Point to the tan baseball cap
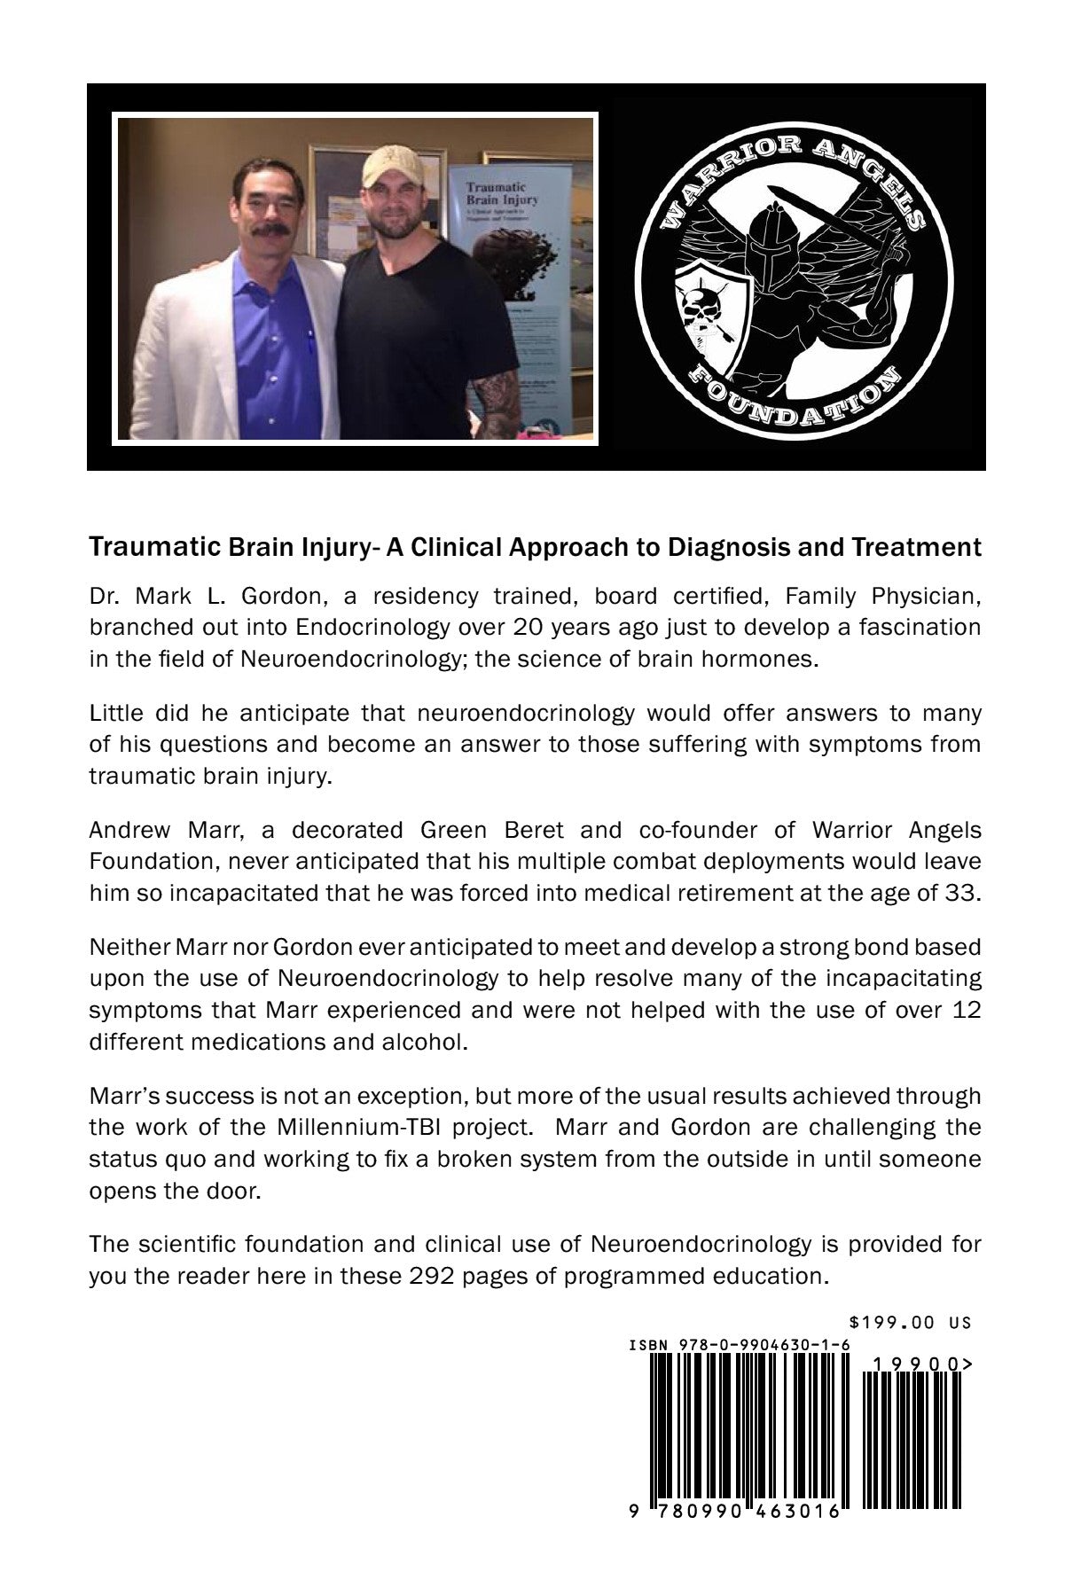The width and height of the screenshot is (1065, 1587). pyautogui.click(x=391, y=168)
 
